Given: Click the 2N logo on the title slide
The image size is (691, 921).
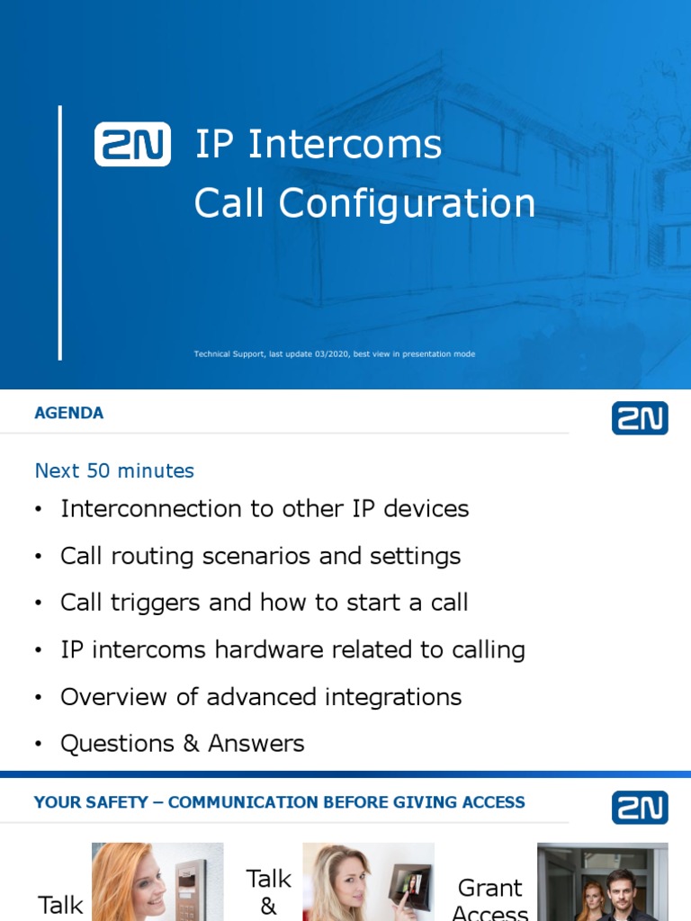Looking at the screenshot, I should pos(132,144).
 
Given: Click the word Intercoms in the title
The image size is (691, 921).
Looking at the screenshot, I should pos(345,145).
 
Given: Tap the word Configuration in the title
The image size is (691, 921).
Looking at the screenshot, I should pos(407,204).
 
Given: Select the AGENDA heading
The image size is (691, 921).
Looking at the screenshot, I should pos(68,414).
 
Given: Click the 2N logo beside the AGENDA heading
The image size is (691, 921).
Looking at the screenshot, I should pos(640,418).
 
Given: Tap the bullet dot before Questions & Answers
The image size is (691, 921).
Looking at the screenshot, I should pos(38,745).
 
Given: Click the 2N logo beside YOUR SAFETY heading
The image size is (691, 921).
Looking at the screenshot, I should pos(640,808).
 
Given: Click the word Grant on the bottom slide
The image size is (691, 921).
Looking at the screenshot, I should pos(490,888).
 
